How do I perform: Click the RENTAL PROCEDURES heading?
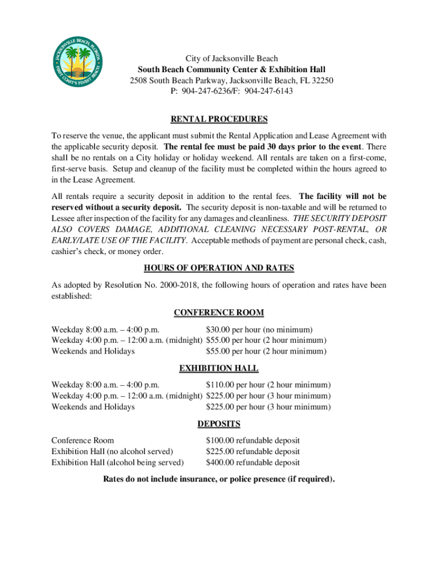click(x=219, y=119)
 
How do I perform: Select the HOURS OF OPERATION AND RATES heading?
click(x=219, y=268)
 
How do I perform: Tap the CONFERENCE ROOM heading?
click(x=219, y=313)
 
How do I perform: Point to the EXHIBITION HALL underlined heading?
click(x=219, y=368)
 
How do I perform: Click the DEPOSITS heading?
click(x=219, y=424)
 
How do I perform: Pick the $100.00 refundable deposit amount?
click(x=253, y=440)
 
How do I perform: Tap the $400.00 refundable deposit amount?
click(x=253, y=463)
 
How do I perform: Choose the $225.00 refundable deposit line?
click(x=253, y=452)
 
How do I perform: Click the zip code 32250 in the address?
click(x=321, y=80)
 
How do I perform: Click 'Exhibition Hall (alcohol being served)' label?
click(x=117, y=463)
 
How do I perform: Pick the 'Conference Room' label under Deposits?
click(x=82, y=440)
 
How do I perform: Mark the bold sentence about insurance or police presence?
click(x=219, y=479)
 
